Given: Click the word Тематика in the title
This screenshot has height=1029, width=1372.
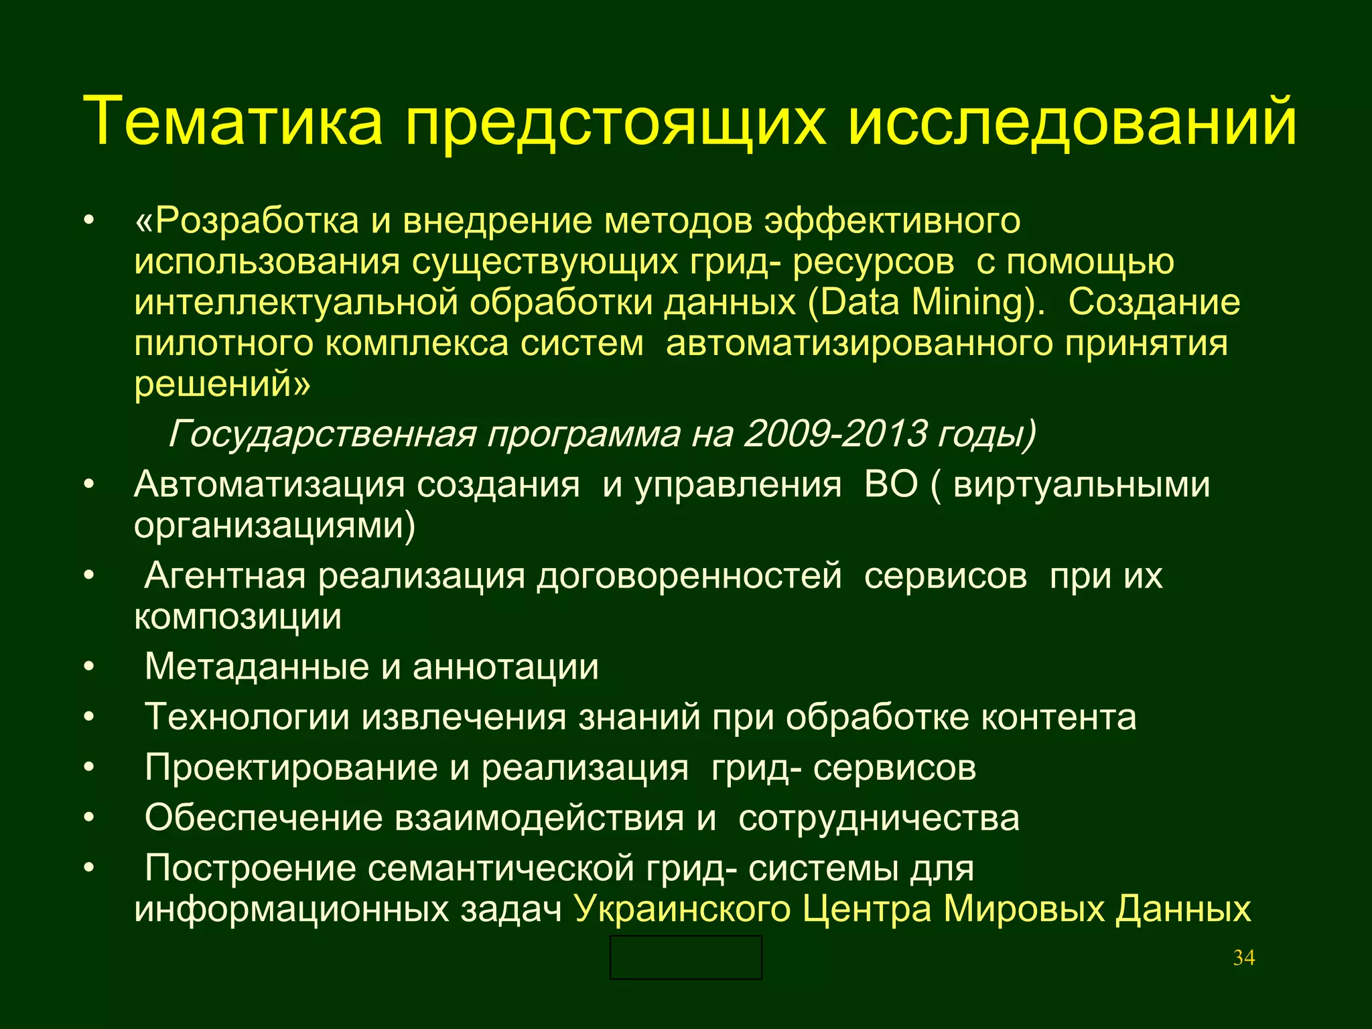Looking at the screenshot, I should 232,121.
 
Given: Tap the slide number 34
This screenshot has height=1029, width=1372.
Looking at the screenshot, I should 1243,958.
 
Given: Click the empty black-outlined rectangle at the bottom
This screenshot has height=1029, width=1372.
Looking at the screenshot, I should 685,957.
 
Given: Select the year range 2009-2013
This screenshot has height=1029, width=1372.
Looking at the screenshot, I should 835,434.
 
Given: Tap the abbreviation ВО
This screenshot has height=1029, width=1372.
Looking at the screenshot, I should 890,484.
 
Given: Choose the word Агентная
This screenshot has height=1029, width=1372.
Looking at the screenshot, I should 225,576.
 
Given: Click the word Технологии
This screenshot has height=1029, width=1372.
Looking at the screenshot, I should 247,717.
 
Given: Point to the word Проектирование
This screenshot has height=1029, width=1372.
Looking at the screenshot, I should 291,768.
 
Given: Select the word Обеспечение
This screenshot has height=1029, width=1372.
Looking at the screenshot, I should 264,818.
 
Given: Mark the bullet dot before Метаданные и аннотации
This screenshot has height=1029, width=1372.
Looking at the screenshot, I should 89,667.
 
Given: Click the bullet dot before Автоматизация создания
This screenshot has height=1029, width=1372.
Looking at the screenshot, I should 89,484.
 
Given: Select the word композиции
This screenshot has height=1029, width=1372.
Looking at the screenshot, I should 238,617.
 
